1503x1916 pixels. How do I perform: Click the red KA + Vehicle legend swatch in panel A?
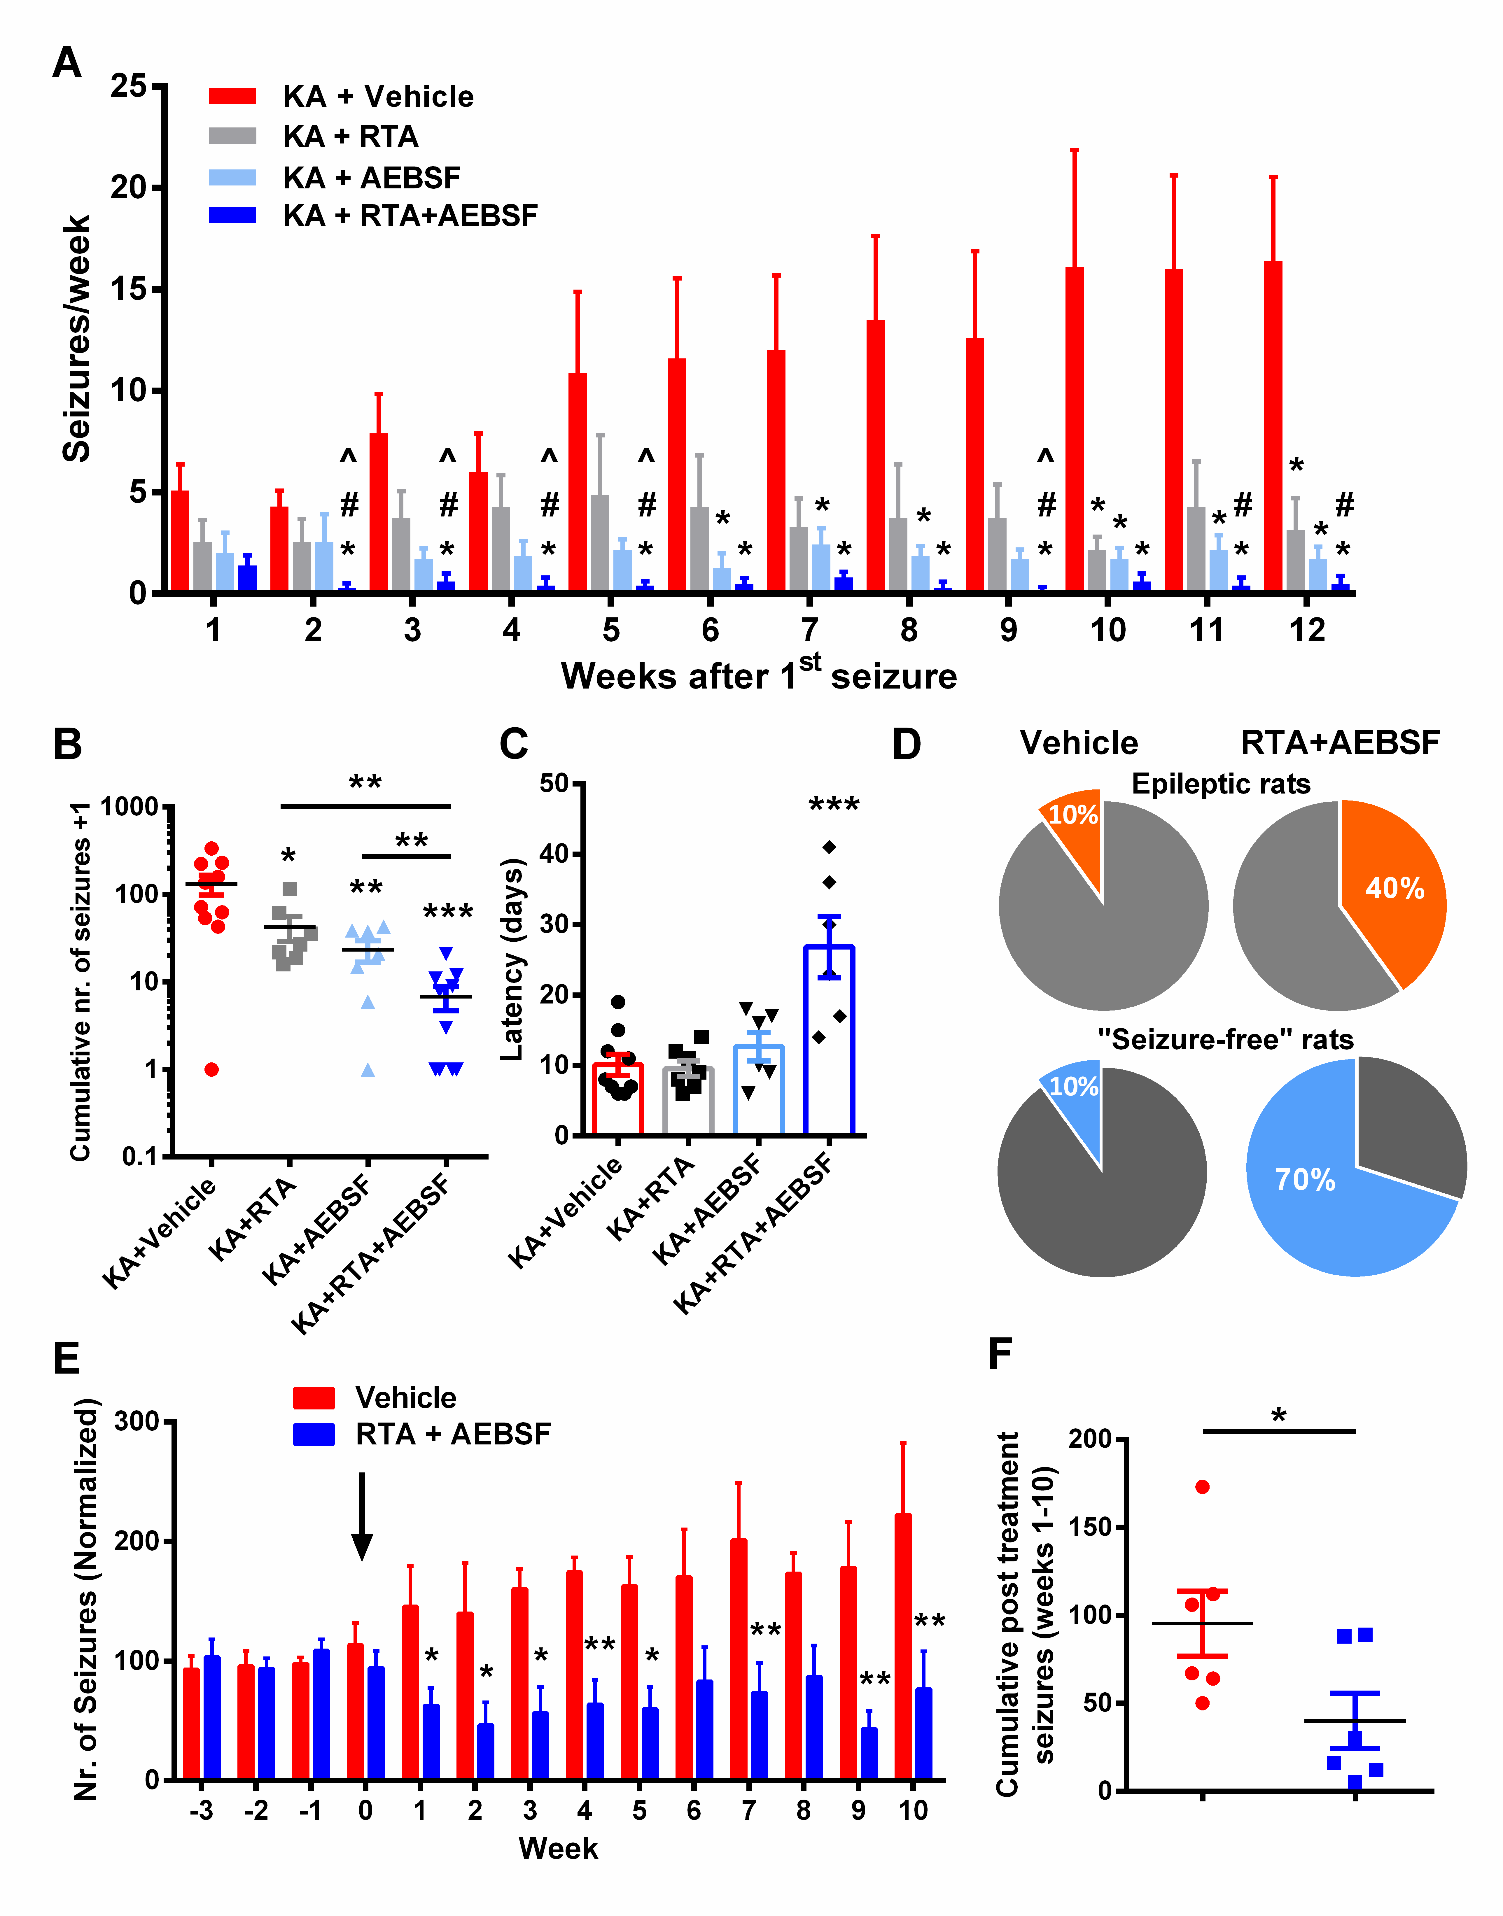point(232,96)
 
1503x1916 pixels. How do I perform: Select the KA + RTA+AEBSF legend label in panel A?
point(410,216)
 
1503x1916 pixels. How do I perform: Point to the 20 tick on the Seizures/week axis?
point(127,188)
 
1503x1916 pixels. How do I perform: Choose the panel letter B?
point(68,744)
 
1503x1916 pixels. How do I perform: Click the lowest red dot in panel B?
point(211,1070)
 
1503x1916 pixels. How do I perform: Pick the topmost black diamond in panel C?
point(829,847)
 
